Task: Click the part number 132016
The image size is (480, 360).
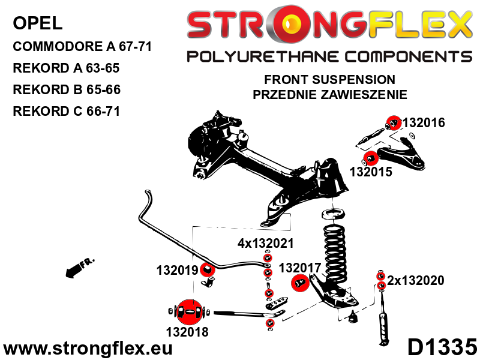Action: tap(424, 123)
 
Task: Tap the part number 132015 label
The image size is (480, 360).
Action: tap(370, 172)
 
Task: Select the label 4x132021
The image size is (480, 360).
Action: tap(266, 244)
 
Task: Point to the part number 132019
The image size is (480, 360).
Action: tap(177, 271)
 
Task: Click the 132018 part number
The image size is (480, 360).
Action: tap(188, 331)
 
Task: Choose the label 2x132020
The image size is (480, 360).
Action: tap(415, 280)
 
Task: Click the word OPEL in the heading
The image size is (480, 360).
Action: tap(37, 24)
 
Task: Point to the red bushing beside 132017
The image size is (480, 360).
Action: tap(300, 283)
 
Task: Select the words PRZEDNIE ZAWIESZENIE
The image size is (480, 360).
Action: tap(330, 94)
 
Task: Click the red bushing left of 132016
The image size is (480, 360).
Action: tap(393, 122)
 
